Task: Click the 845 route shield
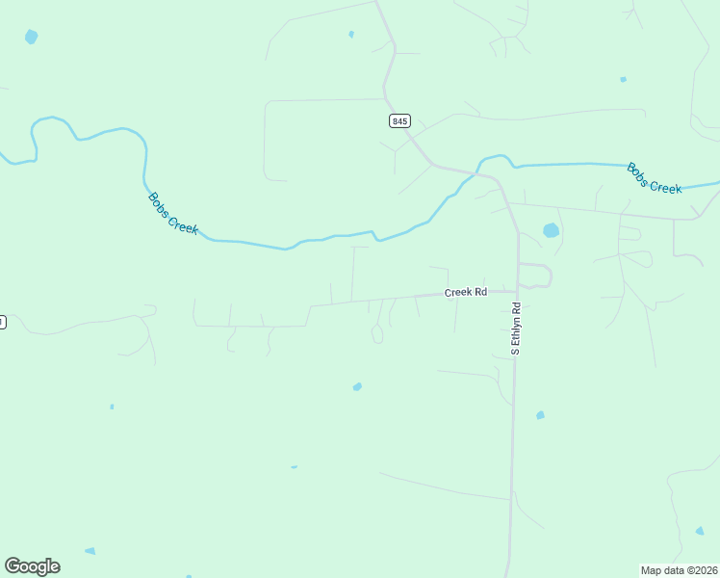coord(400,120)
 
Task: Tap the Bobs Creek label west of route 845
coord(173,214)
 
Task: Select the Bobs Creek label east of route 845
coord(655,178)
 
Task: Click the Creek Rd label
coord(466,292)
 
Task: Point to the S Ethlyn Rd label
coord(516,329)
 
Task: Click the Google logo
coord(32,566)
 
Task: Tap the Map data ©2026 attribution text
coord(679,570)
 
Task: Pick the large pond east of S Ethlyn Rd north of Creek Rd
coord(551,231)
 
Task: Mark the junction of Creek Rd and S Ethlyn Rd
coord(517,288)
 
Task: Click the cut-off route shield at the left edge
coord(2,322)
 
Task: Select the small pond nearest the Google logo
coord(90,551)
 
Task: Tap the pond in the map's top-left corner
coord(32,38)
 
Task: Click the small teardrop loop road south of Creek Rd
coord(377,334)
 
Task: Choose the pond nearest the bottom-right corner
coord(700,530)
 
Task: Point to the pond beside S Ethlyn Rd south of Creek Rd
coord(540,415)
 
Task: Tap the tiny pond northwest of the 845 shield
coord(351,35)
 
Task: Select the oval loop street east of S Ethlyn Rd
coord(536,276)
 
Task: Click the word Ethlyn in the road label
coord(516,327)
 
